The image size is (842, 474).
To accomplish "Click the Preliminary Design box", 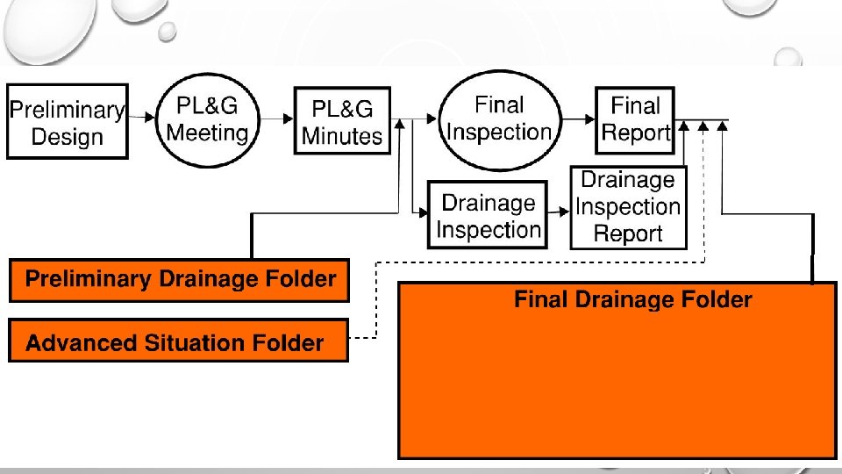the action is click(68, 121).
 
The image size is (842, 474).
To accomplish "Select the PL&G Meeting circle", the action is click(208, 120).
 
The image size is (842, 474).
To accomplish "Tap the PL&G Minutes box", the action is click(342, 121).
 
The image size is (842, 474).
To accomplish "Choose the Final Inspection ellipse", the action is click(500, 120).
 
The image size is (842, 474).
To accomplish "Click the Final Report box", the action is click(635, 120).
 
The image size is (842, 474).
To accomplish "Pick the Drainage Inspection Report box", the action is click(628, 207).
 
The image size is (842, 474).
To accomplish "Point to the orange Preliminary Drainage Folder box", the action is click(179, 280).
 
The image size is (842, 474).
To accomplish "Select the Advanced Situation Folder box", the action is click(178, 341).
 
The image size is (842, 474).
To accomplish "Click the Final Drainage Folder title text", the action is click(633, 299).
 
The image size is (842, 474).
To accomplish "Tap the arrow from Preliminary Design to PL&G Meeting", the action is click(142, 117).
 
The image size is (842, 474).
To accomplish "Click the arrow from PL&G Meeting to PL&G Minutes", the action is click(277, 118).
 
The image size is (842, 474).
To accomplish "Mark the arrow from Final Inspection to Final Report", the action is click(579, 118).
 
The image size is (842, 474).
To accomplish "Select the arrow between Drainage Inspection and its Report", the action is click(559, 212).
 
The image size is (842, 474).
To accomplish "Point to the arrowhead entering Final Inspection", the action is click(432, 118).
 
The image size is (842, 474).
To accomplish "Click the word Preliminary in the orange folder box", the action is click(88, 279).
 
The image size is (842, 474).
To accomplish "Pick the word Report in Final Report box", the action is click(636, 133).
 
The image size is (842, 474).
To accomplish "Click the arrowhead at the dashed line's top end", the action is click(703, 126).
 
